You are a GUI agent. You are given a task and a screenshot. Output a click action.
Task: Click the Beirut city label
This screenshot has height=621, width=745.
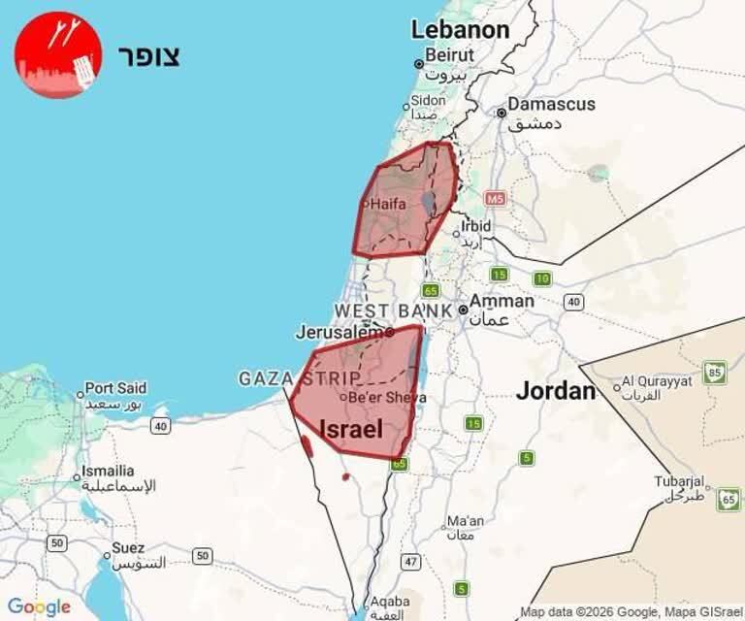pyautogui.click(x=449, y=55)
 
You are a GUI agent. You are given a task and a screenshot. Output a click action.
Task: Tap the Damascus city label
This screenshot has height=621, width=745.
pyautogui.click(x=551, y=104)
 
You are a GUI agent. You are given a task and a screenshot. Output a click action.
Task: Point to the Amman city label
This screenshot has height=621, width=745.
pyautogui.click(x=502, y=301)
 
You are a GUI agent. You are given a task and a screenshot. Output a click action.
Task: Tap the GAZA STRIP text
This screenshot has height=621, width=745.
pyautogui.click(x=299, y=378)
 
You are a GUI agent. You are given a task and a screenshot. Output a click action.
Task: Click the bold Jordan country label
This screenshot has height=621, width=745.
pyautogui.click(x=555, y=391)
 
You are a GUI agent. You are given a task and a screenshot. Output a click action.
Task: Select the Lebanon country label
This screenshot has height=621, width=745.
pyautogui.click(x=460, y=30)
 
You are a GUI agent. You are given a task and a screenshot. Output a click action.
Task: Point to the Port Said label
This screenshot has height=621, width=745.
pyautogui.click(x=115, y=388)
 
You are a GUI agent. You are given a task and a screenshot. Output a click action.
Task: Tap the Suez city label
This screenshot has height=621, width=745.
pyautogui.click(x=128, y=548)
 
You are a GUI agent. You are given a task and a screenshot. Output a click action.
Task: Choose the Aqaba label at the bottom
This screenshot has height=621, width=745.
pyautogui.click(x=389, y=602)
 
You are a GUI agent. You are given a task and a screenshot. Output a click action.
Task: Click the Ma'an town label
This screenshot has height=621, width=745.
pyautogui.click(x=466, y=520)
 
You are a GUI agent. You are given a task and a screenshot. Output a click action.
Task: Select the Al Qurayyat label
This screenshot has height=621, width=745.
pyautogui.click(x=657, y=381)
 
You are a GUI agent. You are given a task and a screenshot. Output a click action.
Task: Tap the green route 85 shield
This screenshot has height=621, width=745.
pyautogui.click(x=715, y=372)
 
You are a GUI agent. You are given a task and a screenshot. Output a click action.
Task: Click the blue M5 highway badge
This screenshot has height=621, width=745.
pyautogui.click(x=496, y=199)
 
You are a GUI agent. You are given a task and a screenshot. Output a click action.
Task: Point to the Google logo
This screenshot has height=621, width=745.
pyautogui.click(x=39, y=607)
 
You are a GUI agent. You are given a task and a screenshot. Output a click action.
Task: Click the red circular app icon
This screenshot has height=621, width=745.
pyautogui.click(x=58, y=55)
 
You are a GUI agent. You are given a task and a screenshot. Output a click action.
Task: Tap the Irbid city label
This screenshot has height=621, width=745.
pyautogui.click(x=475, y=226)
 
